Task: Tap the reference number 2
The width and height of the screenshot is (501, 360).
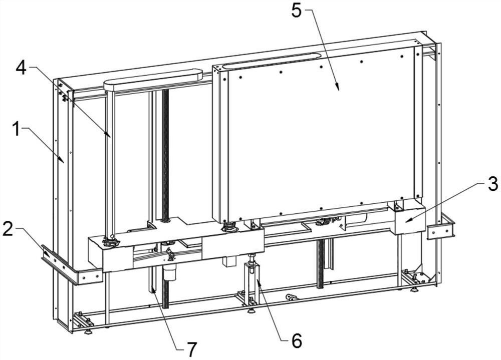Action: (x=9, y=229)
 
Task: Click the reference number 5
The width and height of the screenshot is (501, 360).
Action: (x=297, y=11)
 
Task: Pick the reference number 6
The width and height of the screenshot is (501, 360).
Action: (x=297, y=340)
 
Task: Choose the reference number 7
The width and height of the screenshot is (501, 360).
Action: (x=192, y=349)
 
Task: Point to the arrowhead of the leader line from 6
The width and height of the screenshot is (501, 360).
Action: (x=258, y=280)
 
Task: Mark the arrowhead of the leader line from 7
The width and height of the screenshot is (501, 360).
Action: (x=153, y=289)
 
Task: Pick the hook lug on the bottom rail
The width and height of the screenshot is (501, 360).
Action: (x=291, y=297)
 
